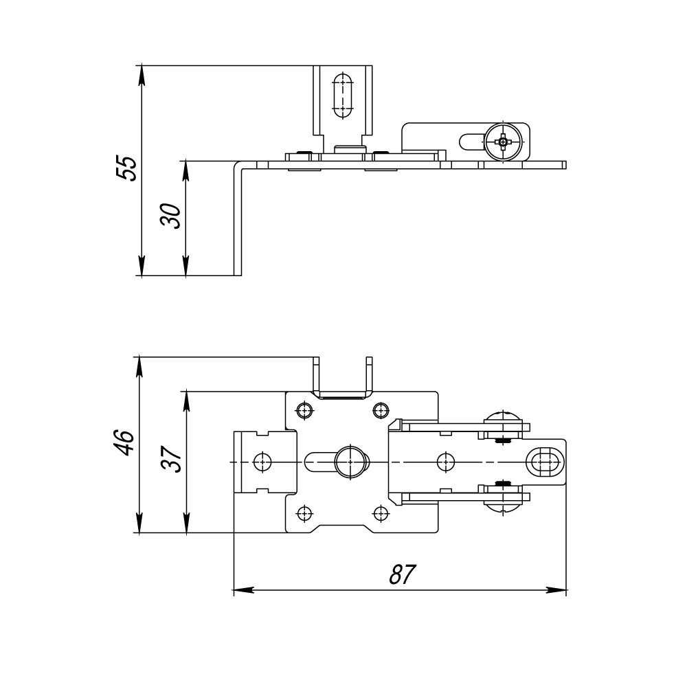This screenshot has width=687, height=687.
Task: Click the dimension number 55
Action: point(126,168)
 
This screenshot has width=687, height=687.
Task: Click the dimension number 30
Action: point(171,216)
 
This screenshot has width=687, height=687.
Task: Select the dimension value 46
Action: point(124,443)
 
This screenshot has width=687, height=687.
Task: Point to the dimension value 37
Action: point(171,459)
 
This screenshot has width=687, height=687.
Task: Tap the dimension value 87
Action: point(402,574)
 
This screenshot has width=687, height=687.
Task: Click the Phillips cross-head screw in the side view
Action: point(504,142)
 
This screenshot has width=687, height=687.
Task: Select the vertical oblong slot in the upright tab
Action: point(343,95)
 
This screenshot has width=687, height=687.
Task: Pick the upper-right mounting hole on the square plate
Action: point(381,411)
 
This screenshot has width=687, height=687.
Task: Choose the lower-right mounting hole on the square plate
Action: point(381,513)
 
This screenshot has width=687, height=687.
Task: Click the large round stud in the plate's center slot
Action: point(350,462)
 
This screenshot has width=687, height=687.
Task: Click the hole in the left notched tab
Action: point(262,462)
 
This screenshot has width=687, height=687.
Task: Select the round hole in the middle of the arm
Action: point(446,462)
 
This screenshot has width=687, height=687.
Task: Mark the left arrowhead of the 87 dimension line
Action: point(244,590)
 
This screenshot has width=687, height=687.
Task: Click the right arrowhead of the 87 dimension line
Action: point(556,590)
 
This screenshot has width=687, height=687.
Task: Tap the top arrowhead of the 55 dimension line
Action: point(141,76)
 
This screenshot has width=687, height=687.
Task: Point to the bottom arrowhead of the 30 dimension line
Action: point(185,265)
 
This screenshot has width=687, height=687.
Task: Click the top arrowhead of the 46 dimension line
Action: point(139,368)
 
